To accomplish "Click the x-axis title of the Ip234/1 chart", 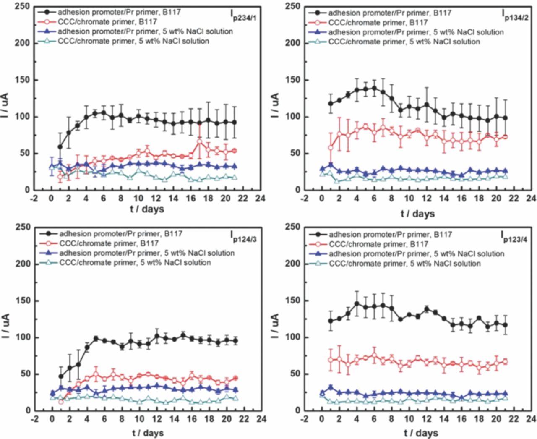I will (147, 209).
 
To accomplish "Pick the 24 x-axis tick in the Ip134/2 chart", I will (531, 198).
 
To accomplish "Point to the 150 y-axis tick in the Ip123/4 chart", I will (292, 301).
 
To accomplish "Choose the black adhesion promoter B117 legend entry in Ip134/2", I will (390, 13).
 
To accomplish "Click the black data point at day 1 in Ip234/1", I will (60, 147).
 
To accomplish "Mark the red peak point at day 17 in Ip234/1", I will (199, 141).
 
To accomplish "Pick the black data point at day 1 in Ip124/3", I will (61, 376).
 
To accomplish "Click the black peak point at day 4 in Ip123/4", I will (357, 303).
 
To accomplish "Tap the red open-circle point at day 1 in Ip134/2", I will (331, 148).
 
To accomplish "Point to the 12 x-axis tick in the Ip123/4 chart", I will (426, 419).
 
